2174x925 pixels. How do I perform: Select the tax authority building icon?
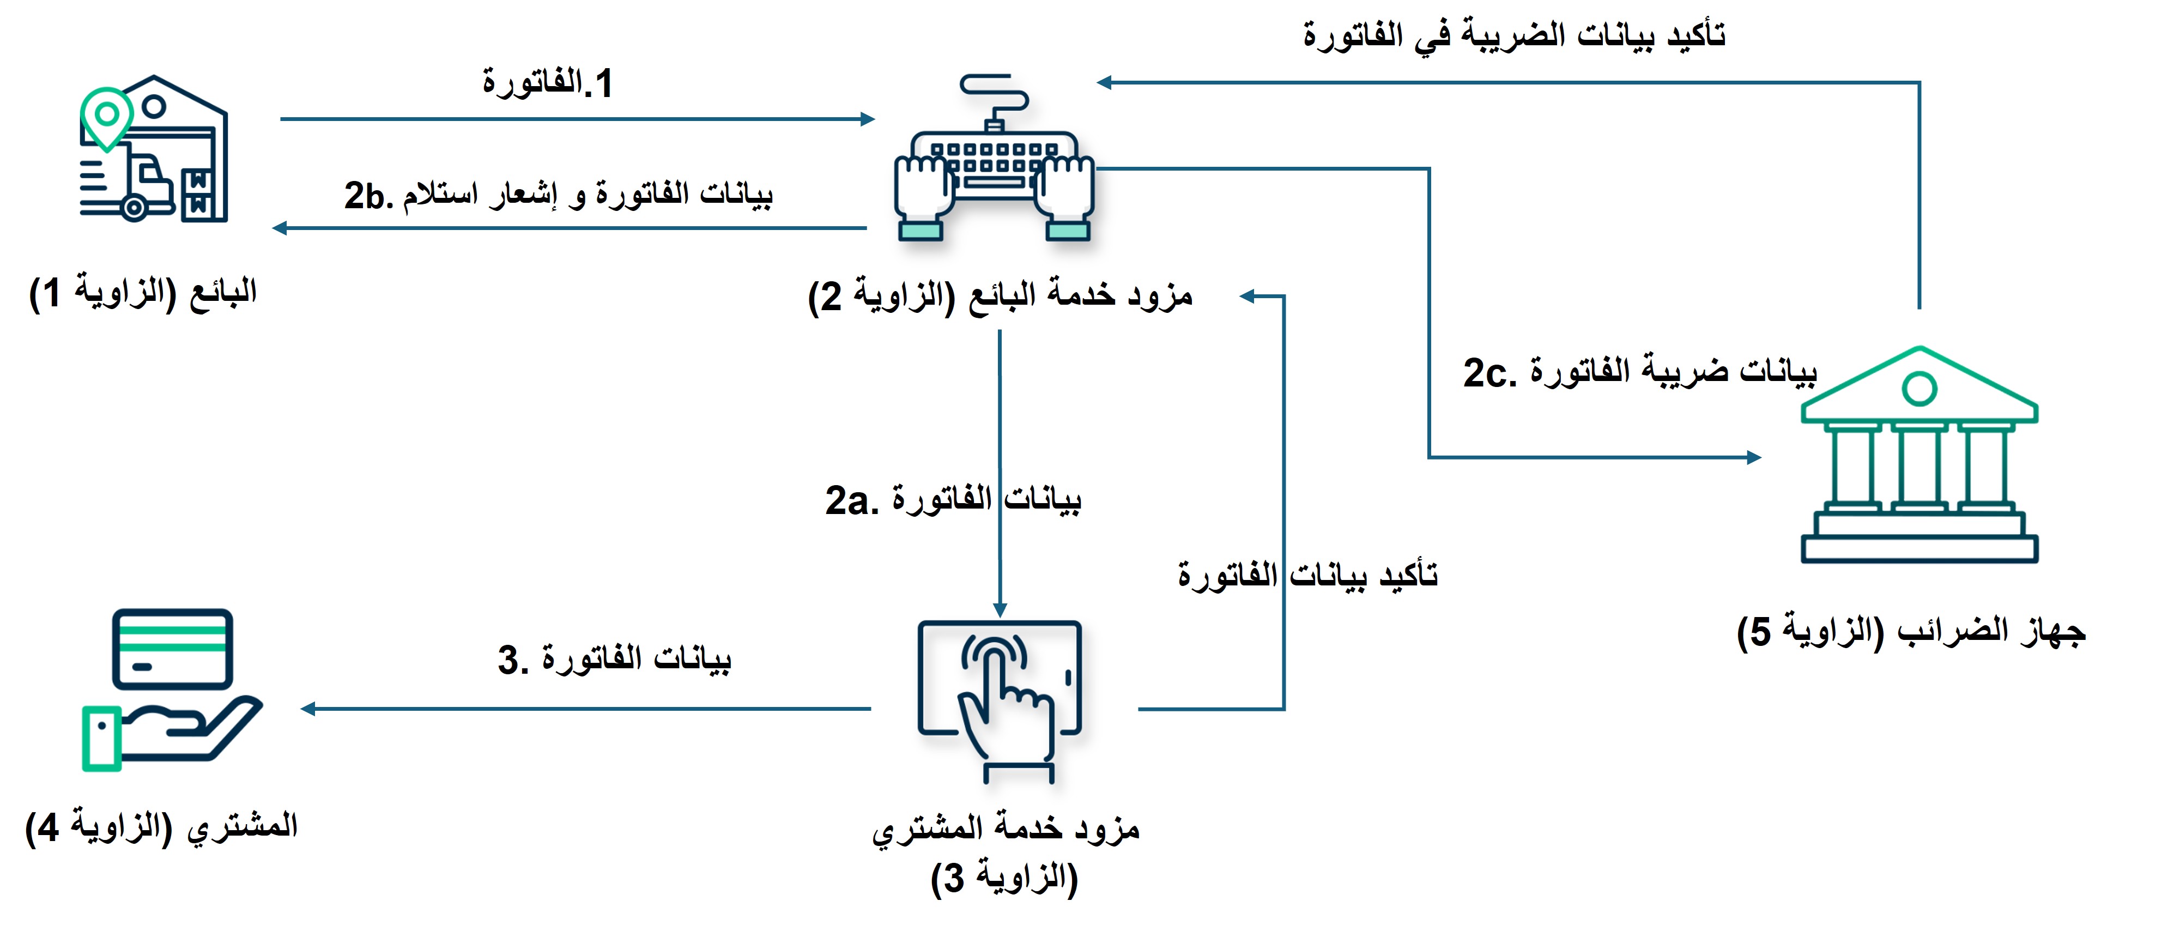point(1918,456)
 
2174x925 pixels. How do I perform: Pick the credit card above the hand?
point(173,648)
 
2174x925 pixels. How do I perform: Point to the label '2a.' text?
point(851,500)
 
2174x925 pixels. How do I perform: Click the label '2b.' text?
point(368,196)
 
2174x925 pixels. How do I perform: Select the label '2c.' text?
point(1489,373)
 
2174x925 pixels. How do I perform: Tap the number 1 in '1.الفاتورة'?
point(603,83)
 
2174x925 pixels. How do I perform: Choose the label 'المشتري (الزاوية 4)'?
point(161,826)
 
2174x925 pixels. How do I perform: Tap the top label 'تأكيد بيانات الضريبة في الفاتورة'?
point(1513,35)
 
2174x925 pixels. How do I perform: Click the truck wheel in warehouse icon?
point(134,207)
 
